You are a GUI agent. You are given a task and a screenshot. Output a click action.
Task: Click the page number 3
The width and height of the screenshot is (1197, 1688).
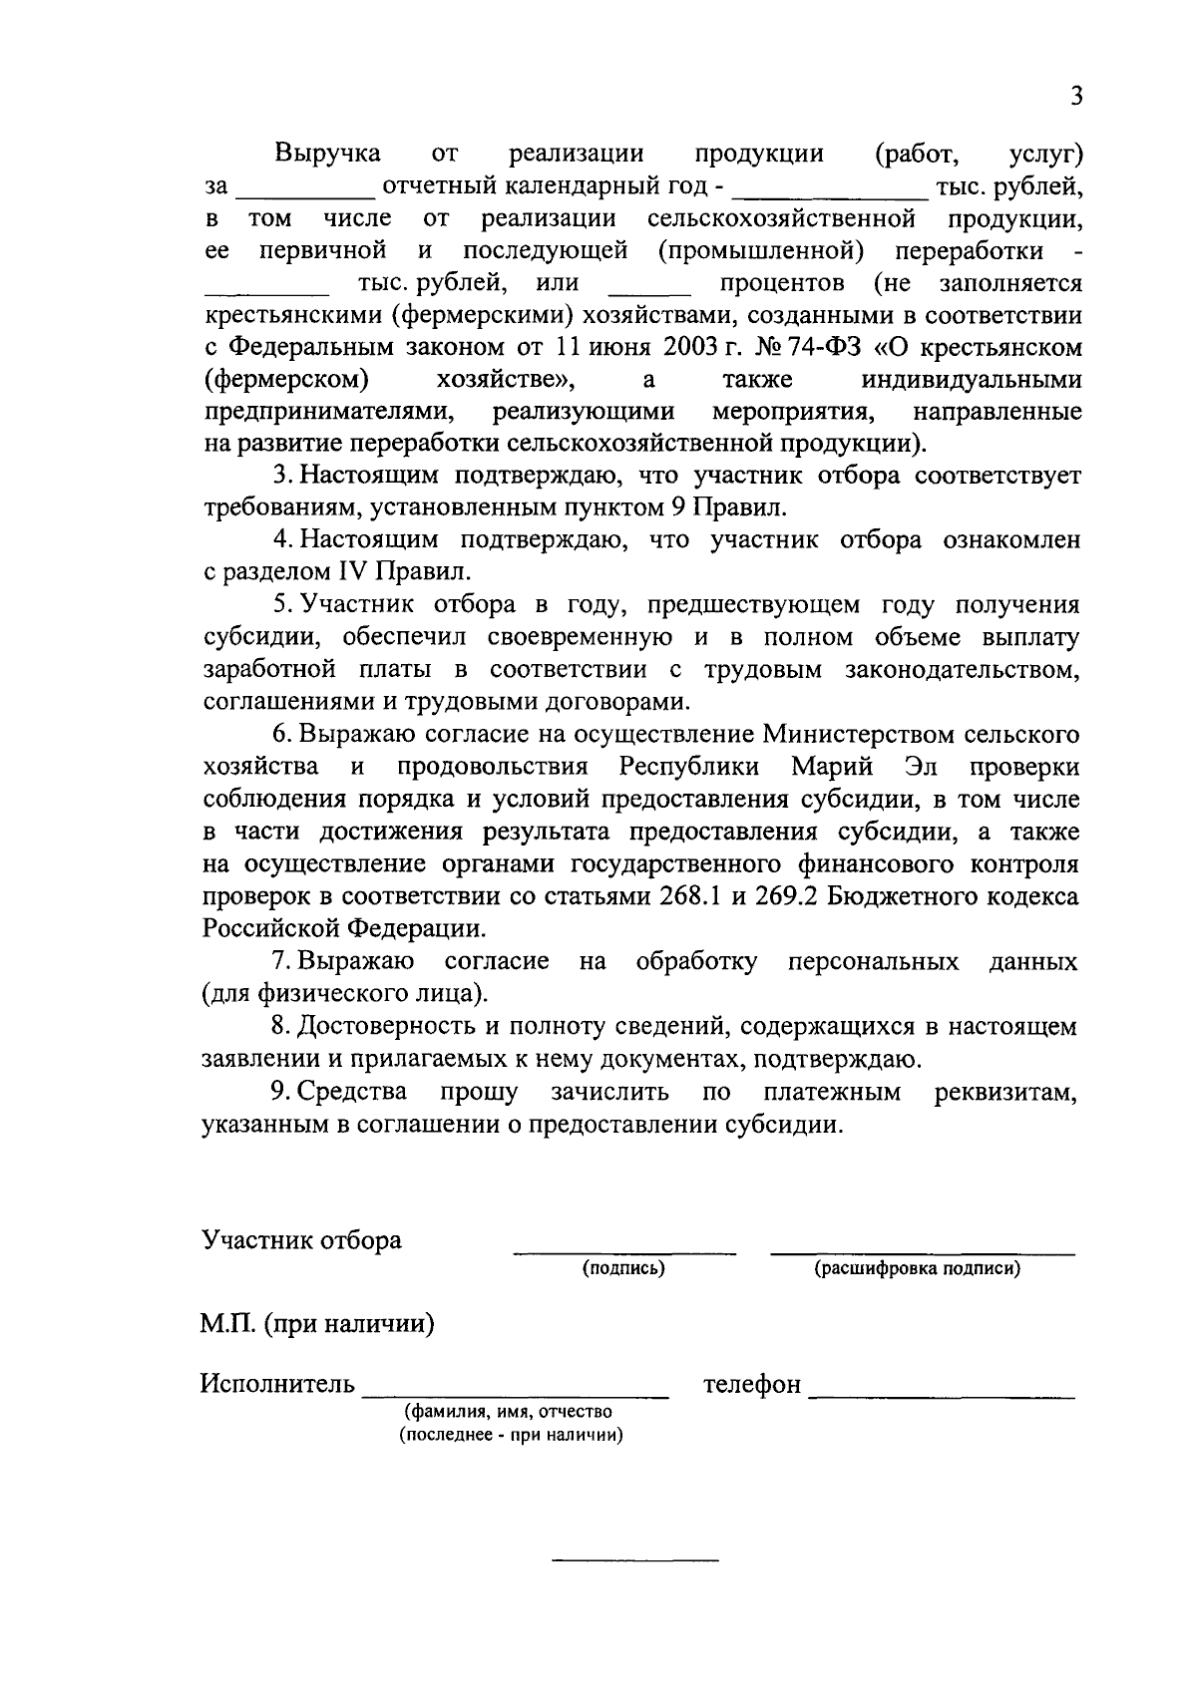(x=1075, y=96)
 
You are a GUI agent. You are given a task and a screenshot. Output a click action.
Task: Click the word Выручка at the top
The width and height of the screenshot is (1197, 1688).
(x=327, y=154)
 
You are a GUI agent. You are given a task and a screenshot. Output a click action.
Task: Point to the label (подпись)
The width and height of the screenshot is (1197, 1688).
(x=624, y=1268)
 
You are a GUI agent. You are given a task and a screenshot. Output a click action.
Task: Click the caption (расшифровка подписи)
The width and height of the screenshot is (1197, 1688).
(x=917, y=1268)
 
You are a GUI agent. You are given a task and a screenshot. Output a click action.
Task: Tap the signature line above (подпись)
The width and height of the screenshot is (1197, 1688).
(x=624, y=1251)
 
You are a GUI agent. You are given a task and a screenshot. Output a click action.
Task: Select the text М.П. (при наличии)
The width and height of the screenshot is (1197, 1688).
(x=316, y=1325)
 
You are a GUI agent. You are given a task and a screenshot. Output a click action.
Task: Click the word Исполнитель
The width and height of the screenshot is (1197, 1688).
(x=277, y=1384)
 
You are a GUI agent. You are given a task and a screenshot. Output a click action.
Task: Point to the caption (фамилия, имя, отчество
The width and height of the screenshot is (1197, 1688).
(x=508, y=1412)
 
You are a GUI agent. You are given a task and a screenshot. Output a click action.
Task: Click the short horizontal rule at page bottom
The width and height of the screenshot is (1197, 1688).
(x=635, y=1557)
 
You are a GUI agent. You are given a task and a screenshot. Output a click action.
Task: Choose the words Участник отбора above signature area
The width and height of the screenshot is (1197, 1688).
(x=301, y=1239)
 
